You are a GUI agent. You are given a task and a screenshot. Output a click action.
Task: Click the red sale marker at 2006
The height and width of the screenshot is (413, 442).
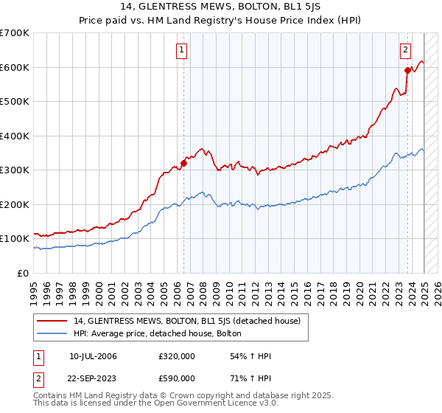[183, 164]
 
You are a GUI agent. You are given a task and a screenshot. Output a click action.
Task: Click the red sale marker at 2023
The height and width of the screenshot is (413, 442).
[407, 71]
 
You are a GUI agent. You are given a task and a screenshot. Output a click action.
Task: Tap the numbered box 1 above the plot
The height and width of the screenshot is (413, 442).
[181, 50]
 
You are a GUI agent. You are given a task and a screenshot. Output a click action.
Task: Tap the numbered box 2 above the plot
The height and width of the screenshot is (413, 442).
[405, 50]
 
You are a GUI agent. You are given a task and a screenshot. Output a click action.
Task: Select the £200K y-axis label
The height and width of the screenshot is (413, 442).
[14, 204]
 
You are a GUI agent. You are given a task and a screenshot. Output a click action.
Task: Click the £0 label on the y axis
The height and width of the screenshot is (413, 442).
[23, 273]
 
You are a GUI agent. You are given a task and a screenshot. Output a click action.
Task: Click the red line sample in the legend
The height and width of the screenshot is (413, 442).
[53, 321]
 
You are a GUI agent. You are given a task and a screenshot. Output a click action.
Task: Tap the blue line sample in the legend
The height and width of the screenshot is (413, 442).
[53, 334]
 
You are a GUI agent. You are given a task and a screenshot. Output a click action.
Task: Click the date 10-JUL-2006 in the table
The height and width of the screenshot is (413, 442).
[93, 356]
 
